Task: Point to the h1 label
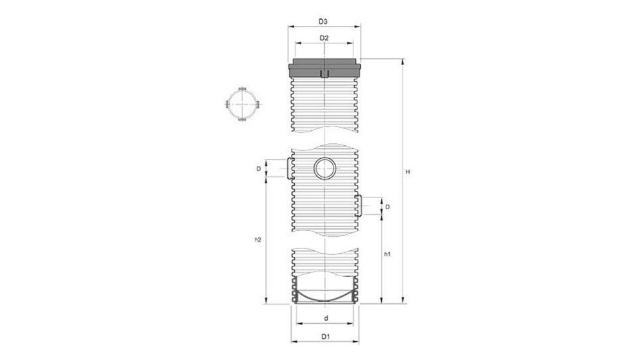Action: (x=386, y=255)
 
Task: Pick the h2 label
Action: (x=257, y=239)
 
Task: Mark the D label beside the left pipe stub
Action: (x=258, y=169)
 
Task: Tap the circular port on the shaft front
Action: (x=325, y=169)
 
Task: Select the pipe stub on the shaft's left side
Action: (x=286, y=169)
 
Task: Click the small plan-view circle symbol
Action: (x=243, y=105)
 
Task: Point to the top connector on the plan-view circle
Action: (x=243, y=89)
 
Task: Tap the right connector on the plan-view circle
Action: (x=258, y=105)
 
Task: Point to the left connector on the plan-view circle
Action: (x=227, y=105)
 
